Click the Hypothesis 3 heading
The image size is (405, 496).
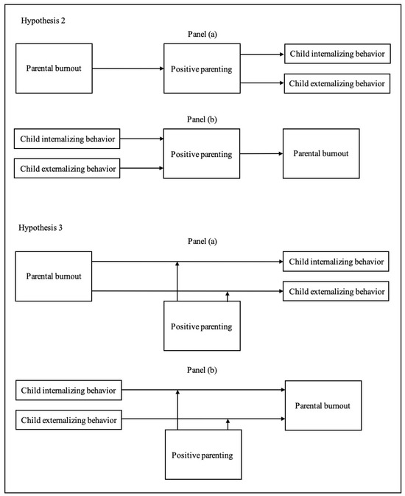coord(41,228)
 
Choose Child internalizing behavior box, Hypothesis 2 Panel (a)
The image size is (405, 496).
coord(335,55)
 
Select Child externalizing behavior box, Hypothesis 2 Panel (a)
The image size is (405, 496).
coord(335,83)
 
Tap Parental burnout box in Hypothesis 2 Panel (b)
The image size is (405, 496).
coord(321,154)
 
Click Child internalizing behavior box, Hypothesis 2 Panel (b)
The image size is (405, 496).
coord(68,139)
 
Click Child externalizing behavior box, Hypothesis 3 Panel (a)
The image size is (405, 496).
coord(335,291)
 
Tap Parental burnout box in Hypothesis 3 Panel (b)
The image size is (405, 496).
coord(323,405)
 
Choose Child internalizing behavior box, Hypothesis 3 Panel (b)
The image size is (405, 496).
coord(68,390)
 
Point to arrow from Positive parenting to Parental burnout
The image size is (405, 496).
coord(258,155)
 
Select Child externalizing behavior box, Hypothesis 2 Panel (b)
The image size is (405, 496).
coord(68,169)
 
